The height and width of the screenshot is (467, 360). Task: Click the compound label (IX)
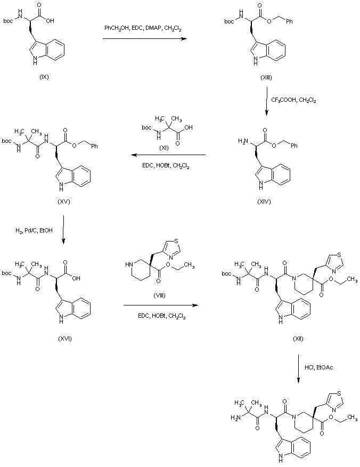click(x=44, y=77)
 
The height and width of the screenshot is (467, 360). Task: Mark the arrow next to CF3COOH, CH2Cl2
click(x=267, y=100)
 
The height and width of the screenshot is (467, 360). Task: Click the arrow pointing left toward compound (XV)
click(x=168, y=155)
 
